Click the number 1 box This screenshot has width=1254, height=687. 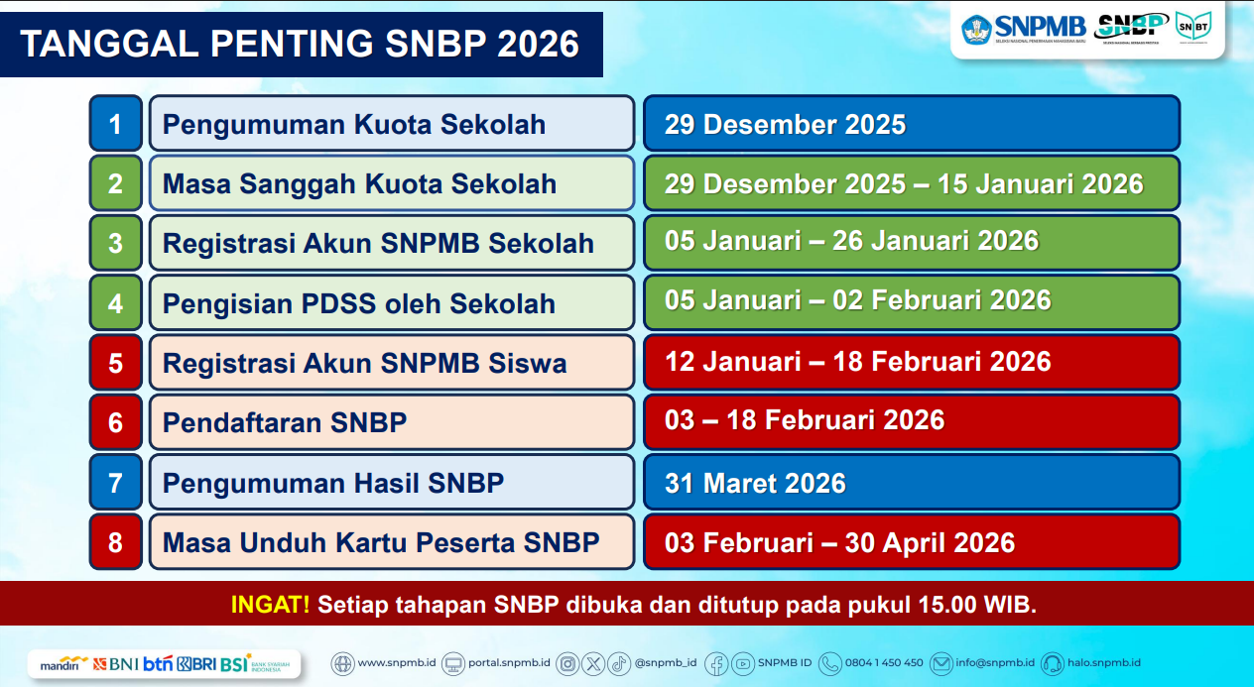point(116,124)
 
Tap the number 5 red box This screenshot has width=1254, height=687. point(116,363)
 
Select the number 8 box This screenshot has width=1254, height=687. point(116,542)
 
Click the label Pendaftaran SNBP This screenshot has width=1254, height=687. point(285,422)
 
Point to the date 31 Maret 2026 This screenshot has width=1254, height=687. point(755,483)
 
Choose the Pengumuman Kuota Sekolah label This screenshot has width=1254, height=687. point(354,124)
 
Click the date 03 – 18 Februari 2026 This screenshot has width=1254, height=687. point(805,420)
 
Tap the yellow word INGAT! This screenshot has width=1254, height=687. point(270,604)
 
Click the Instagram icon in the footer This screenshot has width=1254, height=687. point(567,663)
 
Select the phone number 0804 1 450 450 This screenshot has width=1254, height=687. point(884,662)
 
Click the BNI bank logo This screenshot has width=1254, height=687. point(115,664)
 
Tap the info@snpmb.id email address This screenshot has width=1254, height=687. point(995,662)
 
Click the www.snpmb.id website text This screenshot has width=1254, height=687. point(397,662)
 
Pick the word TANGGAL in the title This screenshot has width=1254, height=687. point(110,44)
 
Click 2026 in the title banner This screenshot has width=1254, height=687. point(538,44)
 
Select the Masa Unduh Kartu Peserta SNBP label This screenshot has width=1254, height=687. point(381,542)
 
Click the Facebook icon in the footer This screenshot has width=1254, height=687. point(716,663)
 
